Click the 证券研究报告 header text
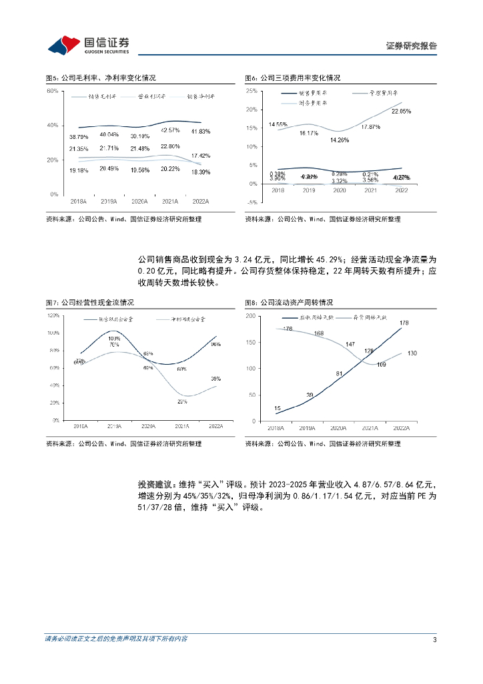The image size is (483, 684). [x=412, y=46]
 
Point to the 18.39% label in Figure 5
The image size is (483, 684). [x=200, y=172]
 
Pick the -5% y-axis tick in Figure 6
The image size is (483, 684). [x=252, y=202]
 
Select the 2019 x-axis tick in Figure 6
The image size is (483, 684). [x=308, y=190]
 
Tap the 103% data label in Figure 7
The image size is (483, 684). [x=115, y=339]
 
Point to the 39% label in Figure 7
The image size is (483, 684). [x=215, y=379]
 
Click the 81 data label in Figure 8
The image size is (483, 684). [x=339, y=373]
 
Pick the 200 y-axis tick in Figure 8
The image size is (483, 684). [x=250, y=315]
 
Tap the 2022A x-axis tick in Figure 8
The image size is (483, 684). [x=402, y=428]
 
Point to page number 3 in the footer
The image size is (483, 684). [x=434, y=640]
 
